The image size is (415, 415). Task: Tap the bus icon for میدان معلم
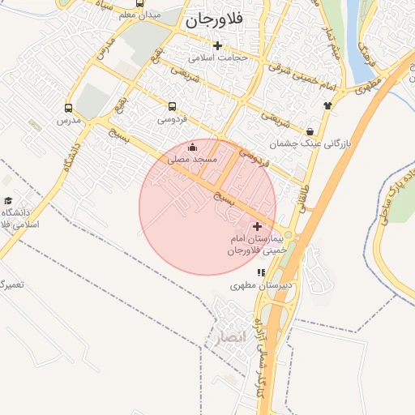click(x=141, y=3)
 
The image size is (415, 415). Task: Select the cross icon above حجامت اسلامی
click(x=217, y=45)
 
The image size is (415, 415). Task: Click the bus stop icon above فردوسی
click(x=172, y=106)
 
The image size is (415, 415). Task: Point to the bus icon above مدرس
click(x=68, y=107)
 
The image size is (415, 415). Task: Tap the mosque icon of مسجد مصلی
click(x=192, y=148)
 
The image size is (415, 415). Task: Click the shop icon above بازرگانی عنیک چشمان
click(x=310, y=131)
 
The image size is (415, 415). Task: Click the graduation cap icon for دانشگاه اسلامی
click(x=8, y=200)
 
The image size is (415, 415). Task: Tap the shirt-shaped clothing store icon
click(x=327, y=105)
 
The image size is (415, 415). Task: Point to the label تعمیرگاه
click(x=11, y=285)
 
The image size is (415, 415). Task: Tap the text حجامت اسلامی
click(x=218, y=58)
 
